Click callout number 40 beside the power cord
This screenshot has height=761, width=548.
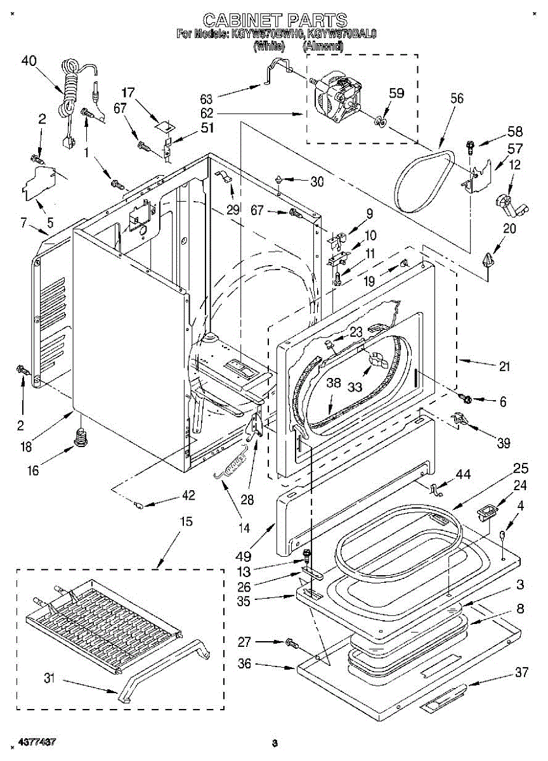click(29, 61)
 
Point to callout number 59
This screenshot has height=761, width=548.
click(396, 93)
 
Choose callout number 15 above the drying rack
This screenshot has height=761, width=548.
click(185, 521)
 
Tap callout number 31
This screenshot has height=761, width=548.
click(49, 679)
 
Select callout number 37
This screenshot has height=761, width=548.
click(521, 673)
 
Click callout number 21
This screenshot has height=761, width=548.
click(504, 366)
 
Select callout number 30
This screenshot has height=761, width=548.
click(316, 181)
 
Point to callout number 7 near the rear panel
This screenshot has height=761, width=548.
click(23, 222)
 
